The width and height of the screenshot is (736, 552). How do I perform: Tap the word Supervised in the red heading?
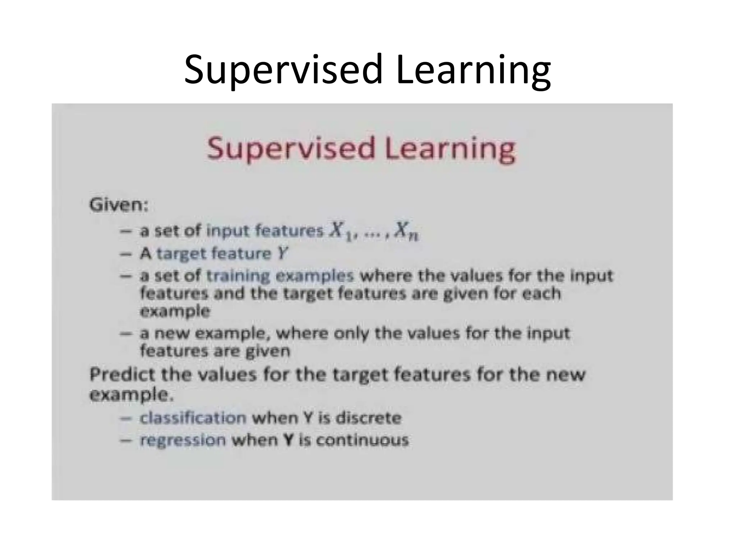(291, 149)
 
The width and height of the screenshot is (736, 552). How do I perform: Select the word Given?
(119, 206)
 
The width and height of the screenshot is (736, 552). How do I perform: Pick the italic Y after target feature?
(282, 254)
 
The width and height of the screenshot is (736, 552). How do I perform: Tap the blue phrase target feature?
(214, 254)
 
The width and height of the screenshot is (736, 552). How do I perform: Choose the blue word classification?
(193, 418)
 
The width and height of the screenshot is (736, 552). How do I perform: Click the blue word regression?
(183, 440)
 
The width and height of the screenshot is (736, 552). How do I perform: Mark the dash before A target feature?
(125, 254)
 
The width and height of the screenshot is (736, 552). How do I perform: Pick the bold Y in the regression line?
(286, 440)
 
